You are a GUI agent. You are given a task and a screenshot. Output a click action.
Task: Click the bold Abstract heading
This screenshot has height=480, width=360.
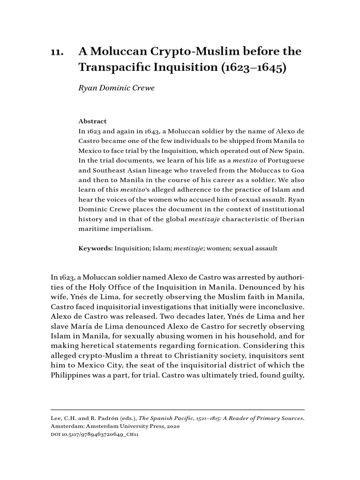[92, 121]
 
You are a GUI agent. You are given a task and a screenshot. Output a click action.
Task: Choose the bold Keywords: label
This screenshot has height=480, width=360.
[96, 248]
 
